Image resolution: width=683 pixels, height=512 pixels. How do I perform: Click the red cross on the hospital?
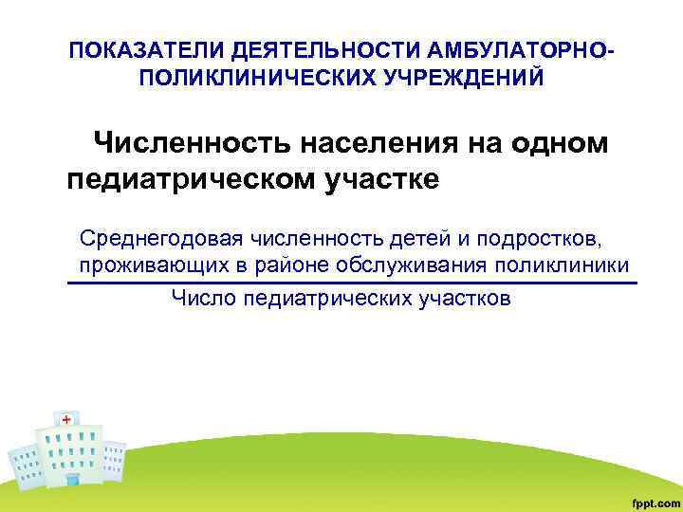(66, 419)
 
